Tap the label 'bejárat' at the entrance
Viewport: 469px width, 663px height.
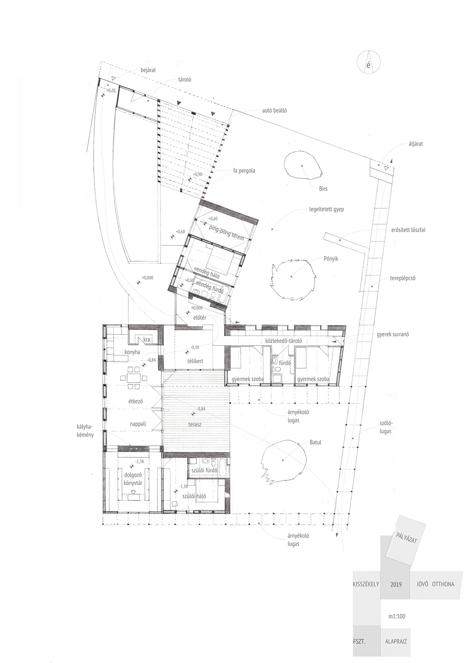(x=148, y=70)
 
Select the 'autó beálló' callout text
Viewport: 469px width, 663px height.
(x=275, y=111)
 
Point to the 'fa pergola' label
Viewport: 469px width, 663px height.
(x=244, y=171)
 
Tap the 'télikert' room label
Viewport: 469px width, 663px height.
(x=195, y=361)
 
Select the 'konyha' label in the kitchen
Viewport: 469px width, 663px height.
(x=132, y=352)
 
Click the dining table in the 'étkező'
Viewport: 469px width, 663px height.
(x=132, y=377)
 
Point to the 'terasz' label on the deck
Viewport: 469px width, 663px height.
(x=195, y=424)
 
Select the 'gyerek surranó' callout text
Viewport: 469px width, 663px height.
(x=393, y=335)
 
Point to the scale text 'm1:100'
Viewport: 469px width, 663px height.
(x=397, y=617)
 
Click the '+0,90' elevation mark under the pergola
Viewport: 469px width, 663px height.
(x=197, y=175)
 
